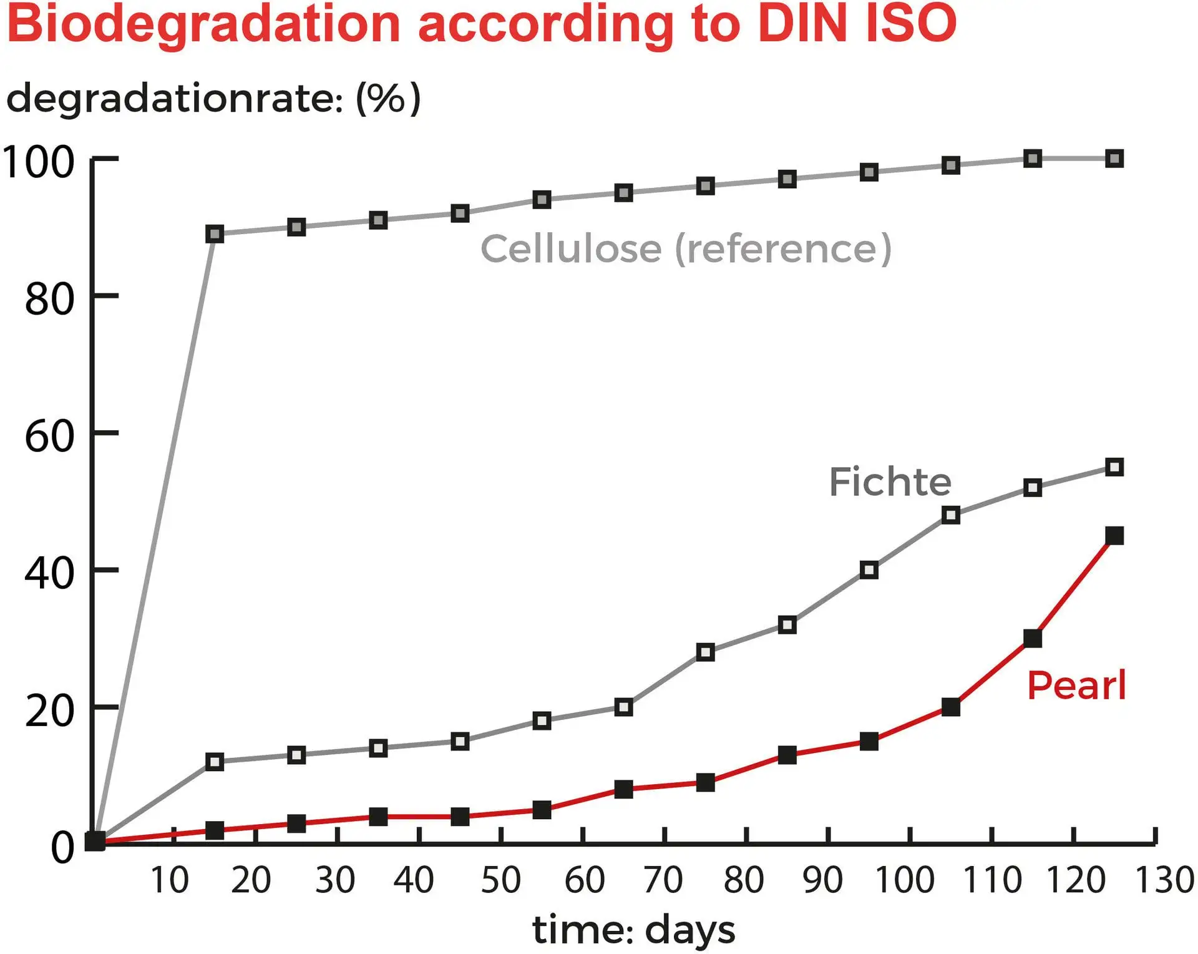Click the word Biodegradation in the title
pos(203,25)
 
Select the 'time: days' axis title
pos(633,930)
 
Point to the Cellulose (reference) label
pos(686,248)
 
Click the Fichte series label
pos(890,482)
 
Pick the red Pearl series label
pos(1076,686)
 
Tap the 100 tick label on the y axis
pos(39,162)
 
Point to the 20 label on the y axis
pos(49,710)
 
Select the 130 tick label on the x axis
pos(1164,880)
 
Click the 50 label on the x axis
pos(501,880)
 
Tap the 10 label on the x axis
pos(169,880)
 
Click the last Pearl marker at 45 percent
pos(1114,536)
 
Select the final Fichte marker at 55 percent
pos(1114,467)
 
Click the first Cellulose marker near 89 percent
pos(215,234)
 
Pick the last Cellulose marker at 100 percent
pos(1114,159)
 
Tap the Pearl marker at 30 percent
pos(1033,639)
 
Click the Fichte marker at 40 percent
pos(869,570)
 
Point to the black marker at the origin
pos(95,842)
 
